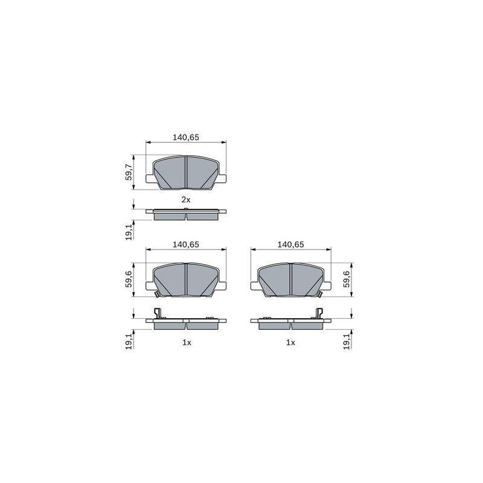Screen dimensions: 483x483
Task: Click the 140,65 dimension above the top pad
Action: click(x=186, y=138)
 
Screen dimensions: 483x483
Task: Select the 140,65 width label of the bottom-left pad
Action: click(x=186, y=245)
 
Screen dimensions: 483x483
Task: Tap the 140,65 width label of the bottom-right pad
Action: click(x=290, y=245)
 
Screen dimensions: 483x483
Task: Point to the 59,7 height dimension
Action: click(x=129, y=172)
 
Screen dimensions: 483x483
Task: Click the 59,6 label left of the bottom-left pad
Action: click(x=129, y=279)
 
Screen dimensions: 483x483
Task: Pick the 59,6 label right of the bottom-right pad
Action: click(x=347, y=279)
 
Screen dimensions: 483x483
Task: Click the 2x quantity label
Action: click(x=186, y=200)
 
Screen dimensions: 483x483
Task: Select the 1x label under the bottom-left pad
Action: click(x=187, y=342)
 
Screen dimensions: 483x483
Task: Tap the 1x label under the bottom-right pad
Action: click(x=290, y=342)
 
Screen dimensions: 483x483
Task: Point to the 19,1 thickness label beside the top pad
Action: click(x=129, y=232)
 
